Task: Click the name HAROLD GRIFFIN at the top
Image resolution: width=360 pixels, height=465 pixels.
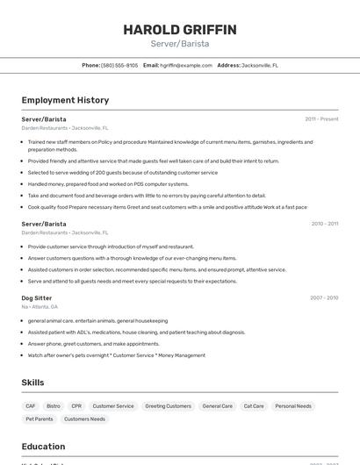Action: [179, 30]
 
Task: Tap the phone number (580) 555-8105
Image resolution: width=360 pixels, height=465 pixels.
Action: [119, 65]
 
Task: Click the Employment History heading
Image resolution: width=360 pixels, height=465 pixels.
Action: [65, 100]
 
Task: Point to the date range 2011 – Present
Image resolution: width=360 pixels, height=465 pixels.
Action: [321, 118]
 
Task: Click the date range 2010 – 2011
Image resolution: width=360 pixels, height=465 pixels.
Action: [324, 224]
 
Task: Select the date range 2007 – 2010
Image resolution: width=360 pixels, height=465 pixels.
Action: [324, 297]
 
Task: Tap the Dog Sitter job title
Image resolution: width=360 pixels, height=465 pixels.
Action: [37, 297]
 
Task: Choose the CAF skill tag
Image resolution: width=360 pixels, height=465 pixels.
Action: [31, 406]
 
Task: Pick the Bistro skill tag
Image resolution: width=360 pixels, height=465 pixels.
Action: [54, 406]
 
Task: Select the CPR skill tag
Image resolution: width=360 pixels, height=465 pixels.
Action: [76, 406]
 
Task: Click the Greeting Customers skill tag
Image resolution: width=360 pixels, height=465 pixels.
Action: [168, 406]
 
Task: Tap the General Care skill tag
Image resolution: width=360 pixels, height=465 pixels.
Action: [217, 406]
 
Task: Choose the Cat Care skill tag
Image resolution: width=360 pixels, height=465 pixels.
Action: [254, 406]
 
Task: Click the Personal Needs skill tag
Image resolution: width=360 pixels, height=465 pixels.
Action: [292, 406]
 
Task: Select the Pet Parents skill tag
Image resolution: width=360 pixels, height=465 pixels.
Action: [40, 419]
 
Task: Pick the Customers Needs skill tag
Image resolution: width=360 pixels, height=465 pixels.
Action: [84, 419]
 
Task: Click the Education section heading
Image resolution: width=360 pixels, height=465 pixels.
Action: [43, 447]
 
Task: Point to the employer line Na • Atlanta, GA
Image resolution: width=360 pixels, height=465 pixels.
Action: [40, 307]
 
